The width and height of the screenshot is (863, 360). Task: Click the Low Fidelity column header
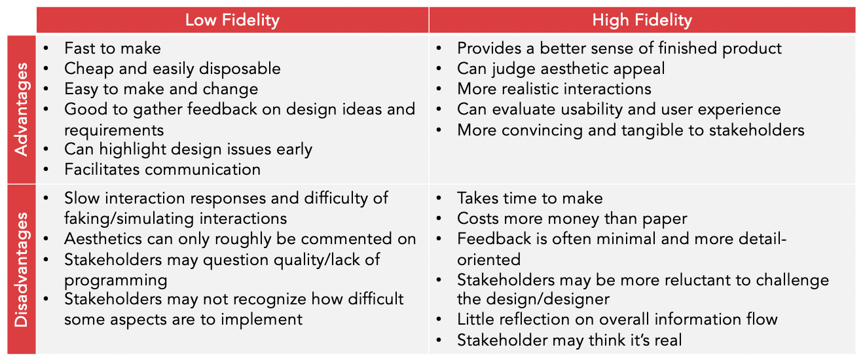coord(232,20)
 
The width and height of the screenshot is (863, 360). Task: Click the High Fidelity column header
coord(642,20)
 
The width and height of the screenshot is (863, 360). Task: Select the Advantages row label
coord(21,109)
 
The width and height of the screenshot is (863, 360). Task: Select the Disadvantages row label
coord(21,270)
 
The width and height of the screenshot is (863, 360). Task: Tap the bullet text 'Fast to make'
coord(113,48)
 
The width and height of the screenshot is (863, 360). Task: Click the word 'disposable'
coord(240,69)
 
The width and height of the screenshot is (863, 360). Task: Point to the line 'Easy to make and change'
coord(161,89)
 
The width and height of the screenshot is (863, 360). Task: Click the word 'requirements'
coord(114,130)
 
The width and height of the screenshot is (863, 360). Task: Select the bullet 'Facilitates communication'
coord(162,170)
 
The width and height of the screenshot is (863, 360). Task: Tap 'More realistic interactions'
coord(554,89)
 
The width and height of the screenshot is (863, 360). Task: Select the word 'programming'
coord(116,281)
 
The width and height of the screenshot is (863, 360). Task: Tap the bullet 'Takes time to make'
coord(530,198)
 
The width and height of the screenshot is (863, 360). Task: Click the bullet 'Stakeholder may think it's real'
coord(570,340)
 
